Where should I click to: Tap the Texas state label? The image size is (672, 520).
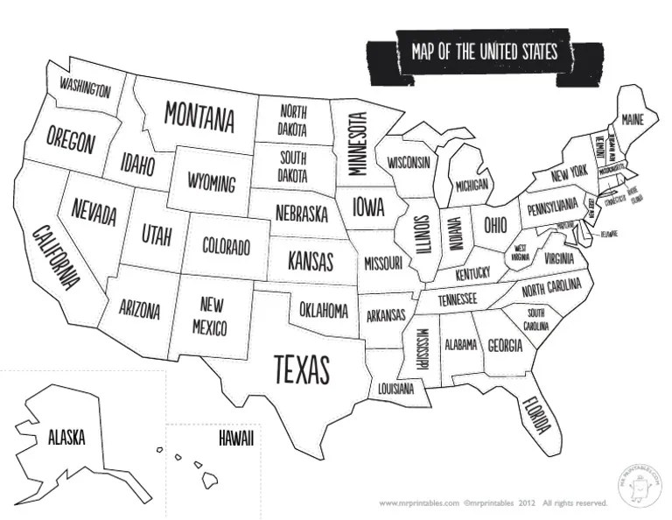pyautogui.click(x=301, y=369)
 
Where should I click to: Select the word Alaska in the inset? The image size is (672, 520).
pyautogui.click(x=66, y=437)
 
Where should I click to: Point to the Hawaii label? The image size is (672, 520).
pyautogui.click(x=236, y=439)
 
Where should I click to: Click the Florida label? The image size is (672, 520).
pyautogui.click(x=535, y=414)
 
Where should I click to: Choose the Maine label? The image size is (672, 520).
pyautogui.click(x=633, y=118)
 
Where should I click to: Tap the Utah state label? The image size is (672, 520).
pyautogui.click(x=157, y=234)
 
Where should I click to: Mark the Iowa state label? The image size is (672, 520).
pyautogui.click(x=368, y=207)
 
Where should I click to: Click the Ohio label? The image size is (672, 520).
pyautogui.click(x=494, y=224)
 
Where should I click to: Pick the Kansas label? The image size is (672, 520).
pyautogui.click(x=311, y=261)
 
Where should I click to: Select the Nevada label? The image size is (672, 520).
pyautogui.click(x=94, y=211)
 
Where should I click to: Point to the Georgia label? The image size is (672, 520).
pyautogui.click(x=505, y=345)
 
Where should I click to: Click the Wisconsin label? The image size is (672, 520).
pyautogui.click(x=409, y=163)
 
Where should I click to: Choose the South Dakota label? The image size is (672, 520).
pyautogui.click(x=293, y=167)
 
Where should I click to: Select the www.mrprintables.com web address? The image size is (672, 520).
pyautogui.click(x=419, y=503)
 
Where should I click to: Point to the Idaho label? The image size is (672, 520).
pyautogui.click(x=137, y=164)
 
